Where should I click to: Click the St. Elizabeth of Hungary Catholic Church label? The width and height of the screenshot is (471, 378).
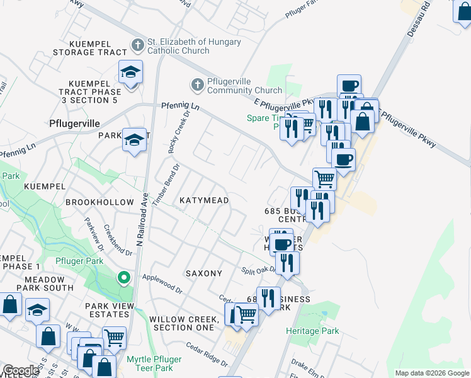(193, 46)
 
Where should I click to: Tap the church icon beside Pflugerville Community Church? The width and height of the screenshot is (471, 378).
(196, 84)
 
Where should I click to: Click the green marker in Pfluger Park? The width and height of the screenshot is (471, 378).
(124, 277)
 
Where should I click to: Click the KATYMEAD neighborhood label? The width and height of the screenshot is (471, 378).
(203, 200)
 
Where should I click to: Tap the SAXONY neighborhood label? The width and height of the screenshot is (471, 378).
(203, 273)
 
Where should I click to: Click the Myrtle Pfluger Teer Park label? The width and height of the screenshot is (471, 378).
(154, 364)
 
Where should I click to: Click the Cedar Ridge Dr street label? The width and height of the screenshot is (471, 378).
(207, 353)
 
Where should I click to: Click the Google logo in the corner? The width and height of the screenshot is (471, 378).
(21, 370)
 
